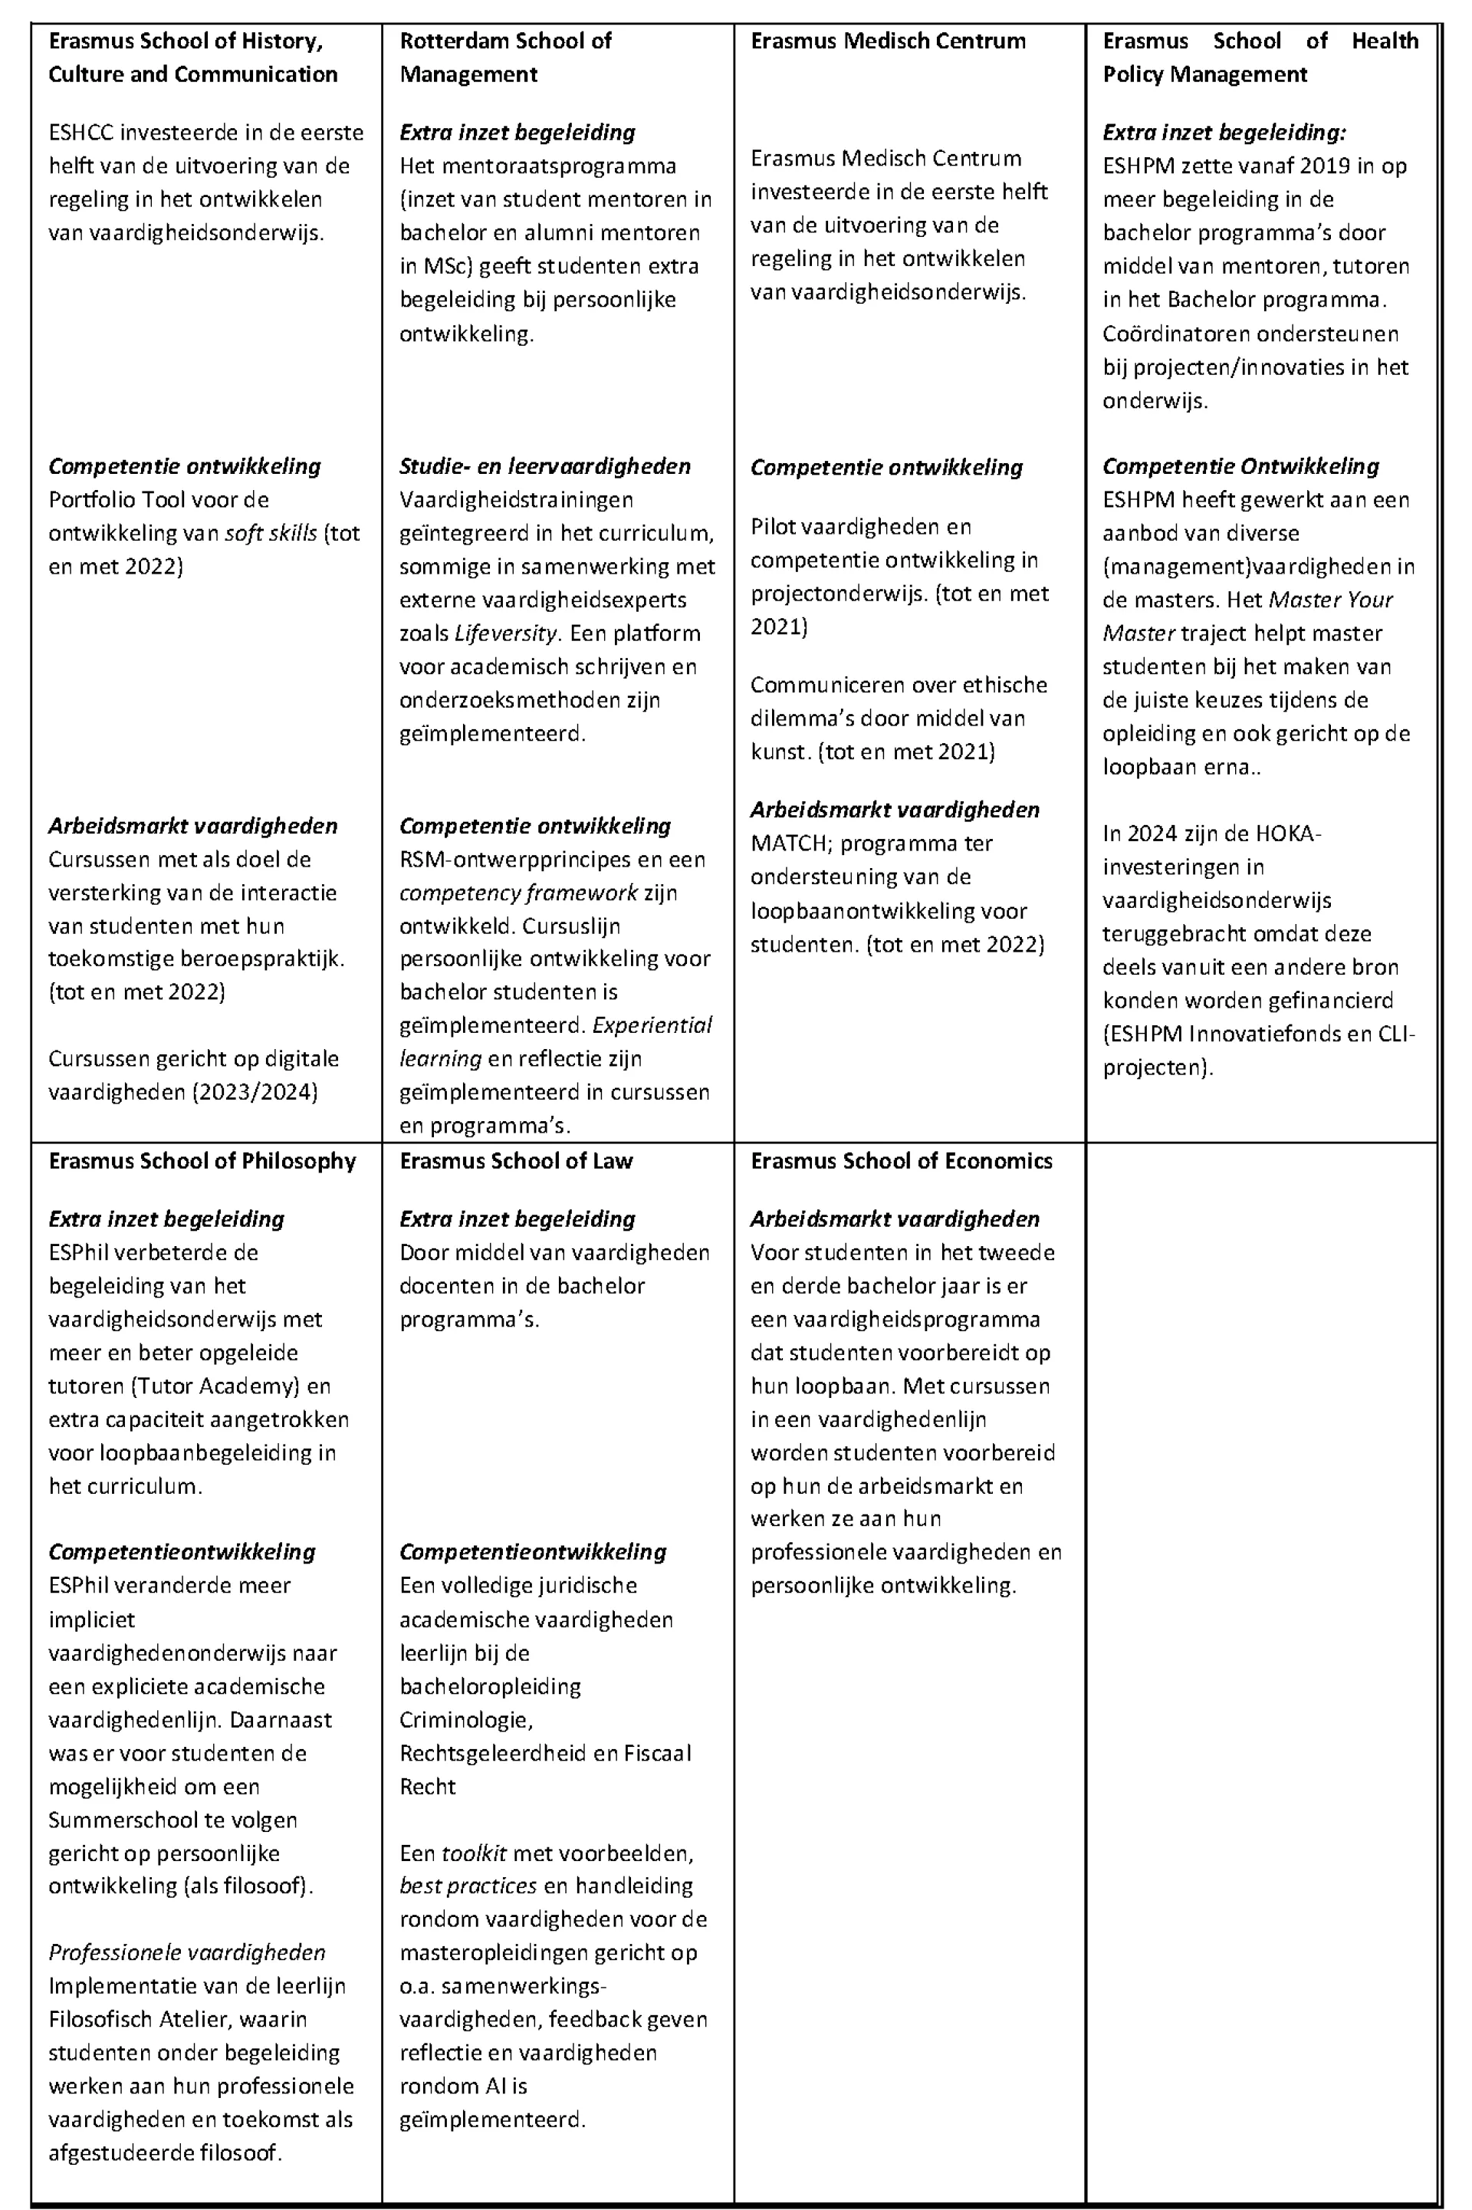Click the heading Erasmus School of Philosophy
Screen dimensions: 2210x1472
point(202,1160)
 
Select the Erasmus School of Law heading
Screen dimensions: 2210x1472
point(515,1160)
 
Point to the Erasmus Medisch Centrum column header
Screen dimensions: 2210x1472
point(887,41)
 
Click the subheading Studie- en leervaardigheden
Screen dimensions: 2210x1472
point(544,465)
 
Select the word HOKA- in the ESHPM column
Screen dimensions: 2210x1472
point(1287,833)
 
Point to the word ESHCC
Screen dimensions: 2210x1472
point(80,133)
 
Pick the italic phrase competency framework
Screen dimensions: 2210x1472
point(518,892)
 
